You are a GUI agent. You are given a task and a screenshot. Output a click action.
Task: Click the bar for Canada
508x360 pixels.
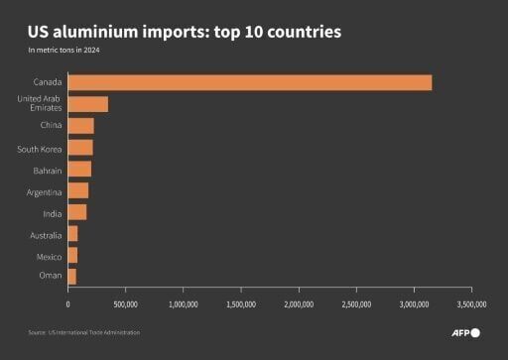click(x=249, y=82)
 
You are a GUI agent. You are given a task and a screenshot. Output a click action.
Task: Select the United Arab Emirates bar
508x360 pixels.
click(x=87, y=104)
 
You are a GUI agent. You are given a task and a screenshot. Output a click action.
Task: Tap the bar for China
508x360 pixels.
click(x=80, y=126)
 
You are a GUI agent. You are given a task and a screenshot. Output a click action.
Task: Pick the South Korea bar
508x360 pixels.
click(x=79, y=148)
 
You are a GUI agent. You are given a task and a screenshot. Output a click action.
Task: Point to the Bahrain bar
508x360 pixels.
click(x=79, y=170)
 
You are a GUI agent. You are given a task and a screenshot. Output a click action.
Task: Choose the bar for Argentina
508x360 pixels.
click(x=77, y=190)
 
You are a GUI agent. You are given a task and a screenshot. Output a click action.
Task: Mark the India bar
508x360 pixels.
click(x=76, y=212)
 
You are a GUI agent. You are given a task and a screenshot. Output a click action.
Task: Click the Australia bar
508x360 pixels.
click(x=72, y=234)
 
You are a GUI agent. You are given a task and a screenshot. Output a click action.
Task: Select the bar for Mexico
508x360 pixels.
click(x=72, y=255)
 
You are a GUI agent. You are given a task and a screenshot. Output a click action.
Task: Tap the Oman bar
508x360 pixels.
click(x=71, y=277)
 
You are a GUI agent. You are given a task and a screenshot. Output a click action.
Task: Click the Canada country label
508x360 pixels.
click(x=47, y=82)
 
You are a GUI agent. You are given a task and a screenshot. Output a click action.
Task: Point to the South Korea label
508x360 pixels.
click(x=40, y=148)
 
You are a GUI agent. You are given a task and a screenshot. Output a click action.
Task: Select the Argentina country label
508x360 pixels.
click(x=44, y=190)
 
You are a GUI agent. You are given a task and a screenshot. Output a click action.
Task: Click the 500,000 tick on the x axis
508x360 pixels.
click(x=125, y=304)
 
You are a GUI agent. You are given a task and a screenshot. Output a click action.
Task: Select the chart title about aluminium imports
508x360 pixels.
click(x=185, y=33)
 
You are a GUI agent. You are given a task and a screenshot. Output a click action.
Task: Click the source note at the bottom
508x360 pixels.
click(x=83, y=333)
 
